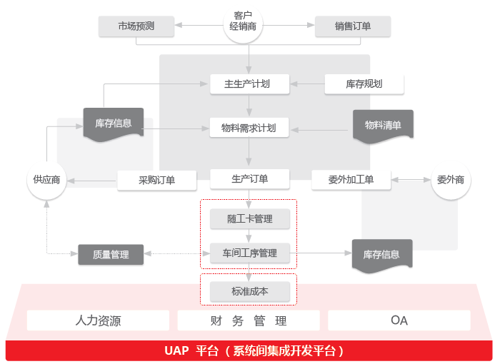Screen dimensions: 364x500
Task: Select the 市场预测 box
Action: click(136, 27)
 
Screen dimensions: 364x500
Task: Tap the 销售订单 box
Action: click(352, 27)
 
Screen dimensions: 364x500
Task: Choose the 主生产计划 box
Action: click(249, 84)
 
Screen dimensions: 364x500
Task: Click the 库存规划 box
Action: click(364, 84)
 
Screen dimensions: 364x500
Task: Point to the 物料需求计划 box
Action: click(249, 128)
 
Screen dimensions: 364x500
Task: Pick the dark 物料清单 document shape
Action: click(383, 126)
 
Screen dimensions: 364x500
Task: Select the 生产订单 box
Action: click(249, 178)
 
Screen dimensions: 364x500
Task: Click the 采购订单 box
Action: click(157, 180)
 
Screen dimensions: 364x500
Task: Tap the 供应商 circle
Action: click(46, 179)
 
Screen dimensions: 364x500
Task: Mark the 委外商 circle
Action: click(451, 179)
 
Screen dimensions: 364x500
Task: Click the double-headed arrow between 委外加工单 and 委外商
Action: click(411, 179)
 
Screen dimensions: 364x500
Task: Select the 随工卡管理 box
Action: click(249, 218)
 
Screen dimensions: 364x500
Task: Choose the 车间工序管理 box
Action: click(249, 253)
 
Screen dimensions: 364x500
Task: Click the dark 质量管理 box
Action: click(111, 254)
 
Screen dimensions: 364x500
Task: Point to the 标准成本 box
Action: click(249, 291)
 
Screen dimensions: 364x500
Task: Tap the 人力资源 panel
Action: click(98, 320)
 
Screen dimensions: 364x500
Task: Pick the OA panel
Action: click(399, 320)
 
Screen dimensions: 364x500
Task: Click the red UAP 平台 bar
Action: click(250, 350)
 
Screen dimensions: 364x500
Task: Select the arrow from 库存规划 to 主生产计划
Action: click(307, 84)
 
